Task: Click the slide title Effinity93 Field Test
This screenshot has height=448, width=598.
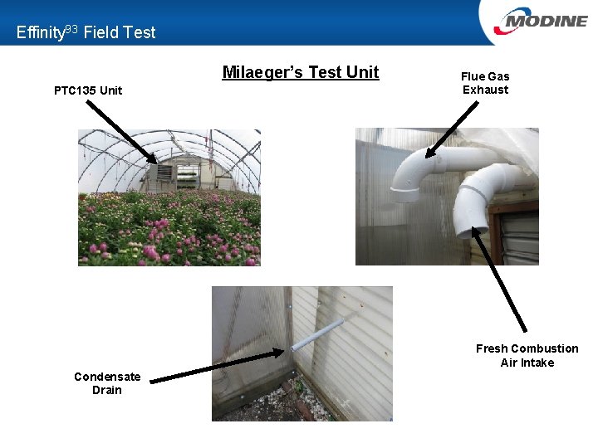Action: (86, 32)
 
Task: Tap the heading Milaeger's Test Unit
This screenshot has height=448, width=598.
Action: (300, 72)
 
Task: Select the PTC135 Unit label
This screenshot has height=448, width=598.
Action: (88, 90)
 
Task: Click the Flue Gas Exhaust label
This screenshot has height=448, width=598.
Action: (485, 83)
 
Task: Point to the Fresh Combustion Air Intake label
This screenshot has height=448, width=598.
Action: (527, 355)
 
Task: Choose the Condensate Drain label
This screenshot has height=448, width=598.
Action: (107, 383)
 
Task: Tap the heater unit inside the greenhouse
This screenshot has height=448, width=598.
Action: (164, 175)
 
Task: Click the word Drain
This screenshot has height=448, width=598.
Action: (107, 390)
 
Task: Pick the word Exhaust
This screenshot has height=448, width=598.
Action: (485, 90)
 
